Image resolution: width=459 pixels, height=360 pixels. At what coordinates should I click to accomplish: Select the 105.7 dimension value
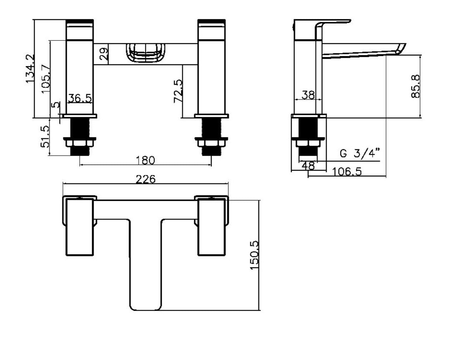(46, 79)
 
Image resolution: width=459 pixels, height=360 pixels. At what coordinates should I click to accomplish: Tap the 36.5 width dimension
(80, 98)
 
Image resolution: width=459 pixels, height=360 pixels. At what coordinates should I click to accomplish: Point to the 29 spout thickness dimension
(103, 54)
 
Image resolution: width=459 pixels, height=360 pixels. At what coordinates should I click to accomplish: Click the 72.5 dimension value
(178, 91)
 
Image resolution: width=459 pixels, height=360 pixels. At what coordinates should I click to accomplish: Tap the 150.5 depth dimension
(254, 255)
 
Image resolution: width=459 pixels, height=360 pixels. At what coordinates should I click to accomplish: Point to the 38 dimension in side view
(308, 95)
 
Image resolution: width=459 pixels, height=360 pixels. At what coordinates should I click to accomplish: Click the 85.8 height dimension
(415, 86)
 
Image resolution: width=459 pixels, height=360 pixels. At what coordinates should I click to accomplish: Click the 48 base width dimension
(308, 166)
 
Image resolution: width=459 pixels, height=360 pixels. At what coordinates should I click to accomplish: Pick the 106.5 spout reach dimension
(347, 172)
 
